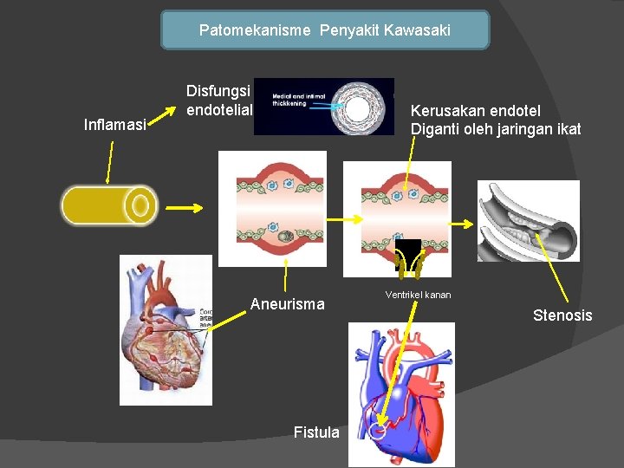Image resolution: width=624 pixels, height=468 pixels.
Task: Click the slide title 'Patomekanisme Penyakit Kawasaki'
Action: coord(324,30)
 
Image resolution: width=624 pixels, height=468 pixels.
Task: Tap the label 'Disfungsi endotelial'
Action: coord(218,100)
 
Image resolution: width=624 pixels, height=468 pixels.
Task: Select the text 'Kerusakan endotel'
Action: coord(475,111)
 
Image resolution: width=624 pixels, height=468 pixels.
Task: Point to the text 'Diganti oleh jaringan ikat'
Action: coord(496,130)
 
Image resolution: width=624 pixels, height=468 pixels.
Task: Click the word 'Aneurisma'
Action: coord(287,304)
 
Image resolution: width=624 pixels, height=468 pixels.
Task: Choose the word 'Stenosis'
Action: coord(562,315)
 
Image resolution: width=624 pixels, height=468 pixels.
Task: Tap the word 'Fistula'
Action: coord(316,432)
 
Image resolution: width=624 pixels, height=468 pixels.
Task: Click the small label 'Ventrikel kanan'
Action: coord(418,296)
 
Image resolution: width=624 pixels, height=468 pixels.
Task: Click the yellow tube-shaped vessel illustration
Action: coord(109,206)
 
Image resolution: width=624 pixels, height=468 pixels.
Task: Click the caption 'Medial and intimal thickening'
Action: coord(295,100)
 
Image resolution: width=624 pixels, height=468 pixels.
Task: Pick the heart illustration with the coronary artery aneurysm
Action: coord(166,329)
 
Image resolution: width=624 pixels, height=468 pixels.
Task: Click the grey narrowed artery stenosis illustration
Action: coord(528,220)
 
